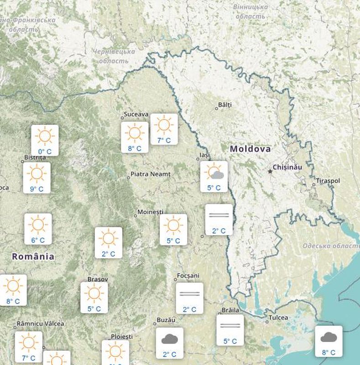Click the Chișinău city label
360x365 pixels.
click(x=287, y=167)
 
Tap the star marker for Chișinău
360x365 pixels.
click(x=270, y=172)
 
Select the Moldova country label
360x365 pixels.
click(x=250, y=149)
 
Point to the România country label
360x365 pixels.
click(x=33, y=256)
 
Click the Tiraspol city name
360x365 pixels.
click(x=328, y=181)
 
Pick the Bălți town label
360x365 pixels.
click(x=225, y=105)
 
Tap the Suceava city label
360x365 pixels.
click(x=136, y=115)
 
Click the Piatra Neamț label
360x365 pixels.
click(x=150, y=174)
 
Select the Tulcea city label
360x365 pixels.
click(x=278, y=318)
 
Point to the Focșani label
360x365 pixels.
click(x=189, y=276)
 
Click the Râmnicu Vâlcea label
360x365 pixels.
click(x=40, y=324)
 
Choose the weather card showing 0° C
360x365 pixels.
click(x=45, y=140)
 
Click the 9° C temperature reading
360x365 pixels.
click(x=37, y=189)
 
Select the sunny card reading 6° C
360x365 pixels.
click(x=38, y=229)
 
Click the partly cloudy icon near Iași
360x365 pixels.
click(x=214, y=172)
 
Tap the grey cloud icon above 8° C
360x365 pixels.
click(x=329, y=338)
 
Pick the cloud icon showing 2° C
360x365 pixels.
click(x=169, y=339)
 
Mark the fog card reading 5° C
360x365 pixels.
click(x=230, y=329)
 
